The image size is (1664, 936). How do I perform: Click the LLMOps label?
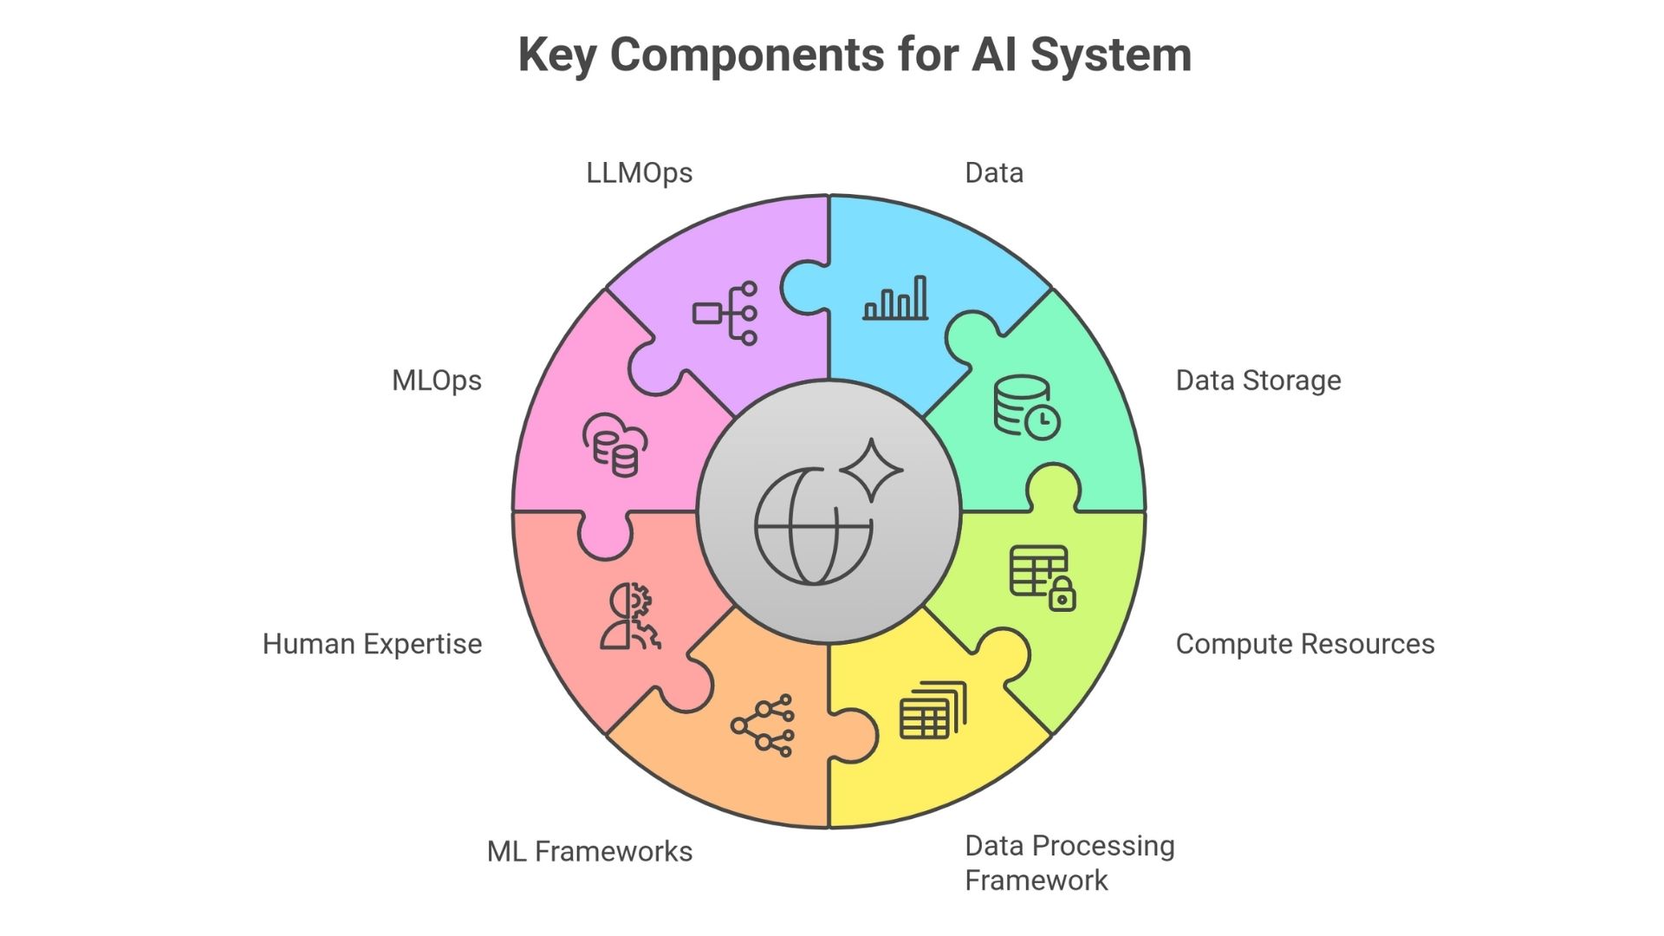[639, 173]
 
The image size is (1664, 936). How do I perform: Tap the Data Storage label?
[1258, 380]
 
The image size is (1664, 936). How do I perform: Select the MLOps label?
[436, 380]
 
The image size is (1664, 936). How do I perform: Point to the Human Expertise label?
[372, 644]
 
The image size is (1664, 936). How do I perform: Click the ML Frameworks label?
[589, 851]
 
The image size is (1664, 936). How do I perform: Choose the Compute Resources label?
[1304, 644]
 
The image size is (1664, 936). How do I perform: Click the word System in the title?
[1110, 55]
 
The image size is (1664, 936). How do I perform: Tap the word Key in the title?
[557, 55]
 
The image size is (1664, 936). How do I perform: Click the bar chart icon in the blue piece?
[895, 299]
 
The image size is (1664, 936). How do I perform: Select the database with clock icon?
[1026, 406]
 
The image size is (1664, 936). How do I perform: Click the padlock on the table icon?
[1063, 595]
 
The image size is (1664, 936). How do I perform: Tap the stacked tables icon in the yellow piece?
[933, 710]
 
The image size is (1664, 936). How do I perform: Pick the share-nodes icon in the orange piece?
[763, 725]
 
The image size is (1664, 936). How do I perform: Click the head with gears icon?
[630, 616]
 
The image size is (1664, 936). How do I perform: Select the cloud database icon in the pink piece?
[614, 445]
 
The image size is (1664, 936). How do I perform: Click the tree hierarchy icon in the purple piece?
[726, 313]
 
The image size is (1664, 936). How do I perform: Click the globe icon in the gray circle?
[812, 527]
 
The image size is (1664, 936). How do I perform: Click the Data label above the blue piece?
[993, 173]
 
